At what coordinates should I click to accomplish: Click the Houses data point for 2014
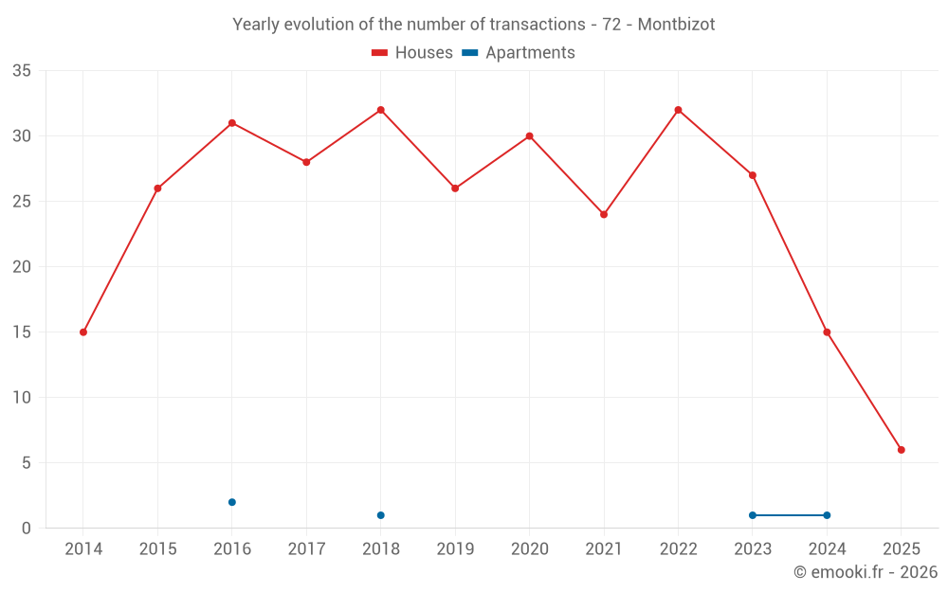pyautogui.click(x=83, y=332)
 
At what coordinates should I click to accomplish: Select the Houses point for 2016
pyautogui.click(x=232, y=123)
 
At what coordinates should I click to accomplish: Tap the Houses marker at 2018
pyautogui.click(x=381, y=110)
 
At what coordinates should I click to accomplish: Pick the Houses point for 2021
pyautogui.click(x=604, y=214)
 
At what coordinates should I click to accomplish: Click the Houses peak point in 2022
pyautogui.click(x=678, y=110)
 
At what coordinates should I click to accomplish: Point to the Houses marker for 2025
pyautogui.click(x=901, y=450)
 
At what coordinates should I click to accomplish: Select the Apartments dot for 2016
pyautogui.click(x=232, y=502)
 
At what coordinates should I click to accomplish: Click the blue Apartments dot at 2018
pyautogui.click(x=381, y=515)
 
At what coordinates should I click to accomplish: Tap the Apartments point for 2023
pyautogui.click(x=753, y=515)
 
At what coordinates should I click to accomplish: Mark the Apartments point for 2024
pyautogui.click(x=827, y=515)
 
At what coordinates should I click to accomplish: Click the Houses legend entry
pyautogui.click(x=412, y=53)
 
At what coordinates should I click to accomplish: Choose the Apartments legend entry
pyautogui.click(x=519, y=53)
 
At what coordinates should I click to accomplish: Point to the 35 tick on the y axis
pyautogui.click(x=22, y=71)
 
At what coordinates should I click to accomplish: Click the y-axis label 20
pyautogui.click(x=22, y=267)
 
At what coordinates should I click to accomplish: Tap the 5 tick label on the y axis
pyautogui.click(x=27, y=463)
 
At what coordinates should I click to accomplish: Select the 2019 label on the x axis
pyautogui.click(x=455, y=549)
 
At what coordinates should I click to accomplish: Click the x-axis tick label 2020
pyautogui.click(x=529, y=549)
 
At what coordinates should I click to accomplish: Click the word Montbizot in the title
pyautogui.click(x=676, y=25)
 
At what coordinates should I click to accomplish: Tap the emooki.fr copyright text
pyautogui.click(x=866, y=572)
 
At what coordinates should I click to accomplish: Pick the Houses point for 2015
pyautogui.click(x=157, y=188)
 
